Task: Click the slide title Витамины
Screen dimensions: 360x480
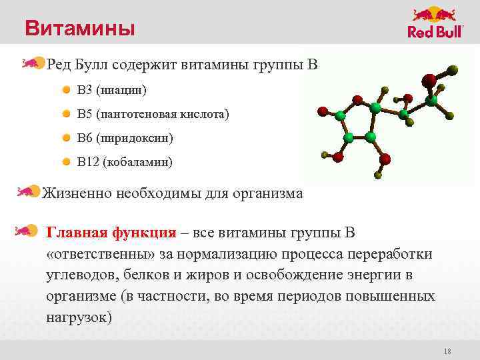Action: tap(79, 29)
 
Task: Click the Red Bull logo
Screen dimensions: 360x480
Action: tap(435, 23)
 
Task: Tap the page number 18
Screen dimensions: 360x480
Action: tap(447, 351)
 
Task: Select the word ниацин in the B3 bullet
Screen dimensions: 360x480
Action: tap(121, 89)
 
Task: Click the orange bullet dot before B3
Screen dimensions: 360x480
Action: tap(67, 89)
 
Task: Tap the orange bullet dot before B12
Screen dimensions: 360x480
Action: tap(67, 162)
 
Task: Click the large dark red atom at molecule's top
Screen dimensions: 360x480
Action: tap(429, 80)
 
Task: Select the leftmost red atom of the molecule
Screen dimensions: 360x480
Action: tap(323, 111)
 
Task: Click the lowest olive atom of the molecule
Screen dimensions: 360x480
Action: tap(378, 176)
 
